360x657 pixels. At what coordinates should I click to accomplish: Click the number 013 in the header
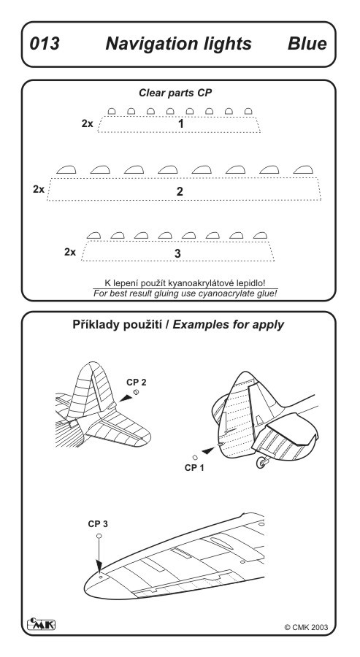(45, 44)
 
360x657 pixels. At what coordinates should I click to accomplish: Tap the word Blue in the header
(307, 44)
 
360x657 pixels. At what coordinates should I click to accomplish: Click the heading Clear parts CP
(175, 93)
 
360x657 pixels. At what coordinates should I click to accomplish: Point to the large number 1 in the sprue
(181, 123)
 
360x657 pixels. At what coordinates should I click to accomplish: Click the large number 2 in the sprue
(180, 191)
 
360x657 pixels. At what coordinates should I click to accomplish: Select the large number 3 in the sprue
(177, 253)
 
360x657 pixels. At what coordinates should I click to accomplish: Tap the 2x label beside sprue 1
(87, 123)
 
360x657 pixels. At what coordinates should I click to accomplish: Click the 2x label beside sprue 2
(39, 189)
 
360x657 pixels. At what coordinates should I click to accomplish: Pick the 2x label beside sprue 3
(70, 252)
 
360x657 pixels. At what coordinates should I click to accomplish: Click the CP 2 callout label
(137, 382)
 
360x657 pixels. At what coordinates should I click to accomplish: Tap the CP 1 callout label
(194, 468)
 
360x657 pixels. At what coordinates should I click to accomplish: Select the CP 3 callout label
(98, 523)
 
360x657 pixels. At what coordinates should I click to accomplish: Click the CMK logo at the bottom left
(41, 624)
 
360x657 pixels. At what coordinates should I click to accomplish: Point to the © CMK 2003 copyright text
(306, 627)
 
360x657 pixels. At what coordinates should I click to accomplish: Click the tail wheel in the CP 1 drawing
(262, 463)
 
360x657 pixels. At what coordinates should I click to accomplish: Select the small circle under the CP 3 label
(99, 536)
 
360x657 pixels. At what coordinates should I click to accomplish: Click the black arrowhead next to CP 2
(126, 398)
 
